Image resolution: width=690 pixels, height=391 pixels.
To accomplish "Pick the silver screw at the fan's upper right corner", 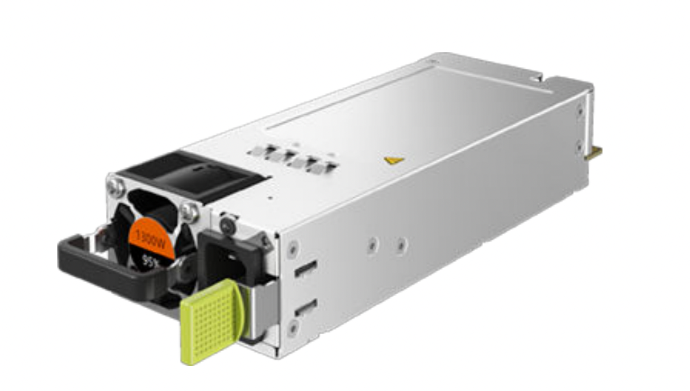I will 189,211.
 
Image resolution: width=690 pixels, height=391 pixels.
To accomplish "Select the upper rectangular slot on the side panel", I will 306,271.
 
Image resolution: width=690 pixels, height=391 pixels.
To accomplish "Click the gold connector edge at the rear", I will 596,151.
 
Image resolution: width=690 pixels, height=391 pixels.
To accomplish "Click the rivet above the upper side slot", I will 292,248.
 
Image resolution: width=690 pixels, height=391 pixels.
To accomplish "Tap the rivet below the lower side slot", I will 293,327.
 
